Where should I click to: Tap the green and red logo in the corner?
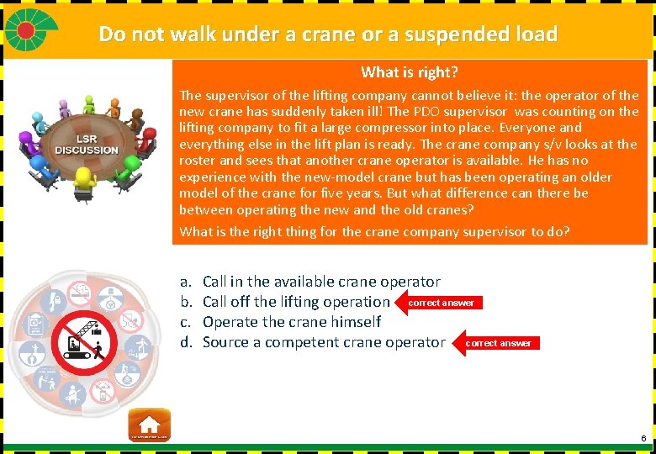30,30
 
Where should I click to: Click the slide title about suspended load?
328,34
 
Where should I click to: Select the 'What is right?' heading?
410,72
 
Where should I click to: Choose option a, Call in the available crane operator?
321,282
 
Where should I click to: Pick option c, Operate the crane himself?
291,322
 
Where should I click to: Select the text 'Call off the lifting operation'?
296,302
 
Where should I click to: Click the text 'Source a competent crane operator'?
324,342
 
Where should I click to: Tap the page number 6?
643,439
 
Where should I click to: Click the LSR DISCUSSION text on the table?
87,145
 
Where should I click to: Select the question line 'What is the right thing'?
374,232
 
